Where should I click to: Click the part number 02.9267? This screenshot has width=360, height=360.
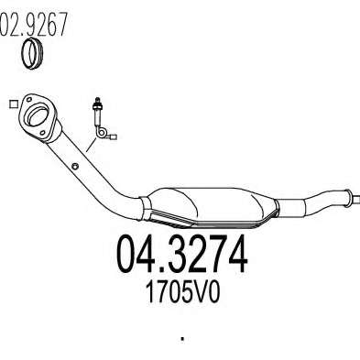[x=33, y=25]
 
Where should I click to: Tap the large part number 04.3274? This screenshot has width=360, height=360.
[x=181, y=254]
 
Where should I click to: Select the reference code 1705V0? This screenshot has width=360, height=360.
[x=182, y=292]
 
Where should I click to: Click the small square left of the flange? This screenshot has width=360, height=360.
[x=13, y=104]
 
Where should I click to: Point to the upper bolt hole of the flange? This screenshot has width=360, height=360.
[x=29, y=100]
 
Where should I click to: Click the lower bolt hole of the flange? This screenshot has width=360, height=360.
[x=43, y=133]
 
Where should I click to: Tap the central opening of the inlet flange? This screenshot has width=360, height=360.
[x=38, y=115]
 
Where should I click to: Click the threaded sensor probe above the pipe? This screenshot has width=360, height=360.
[x=98, y=112]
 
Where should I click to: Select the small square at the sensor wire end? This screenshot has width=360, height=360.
[x=114, y=137]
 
